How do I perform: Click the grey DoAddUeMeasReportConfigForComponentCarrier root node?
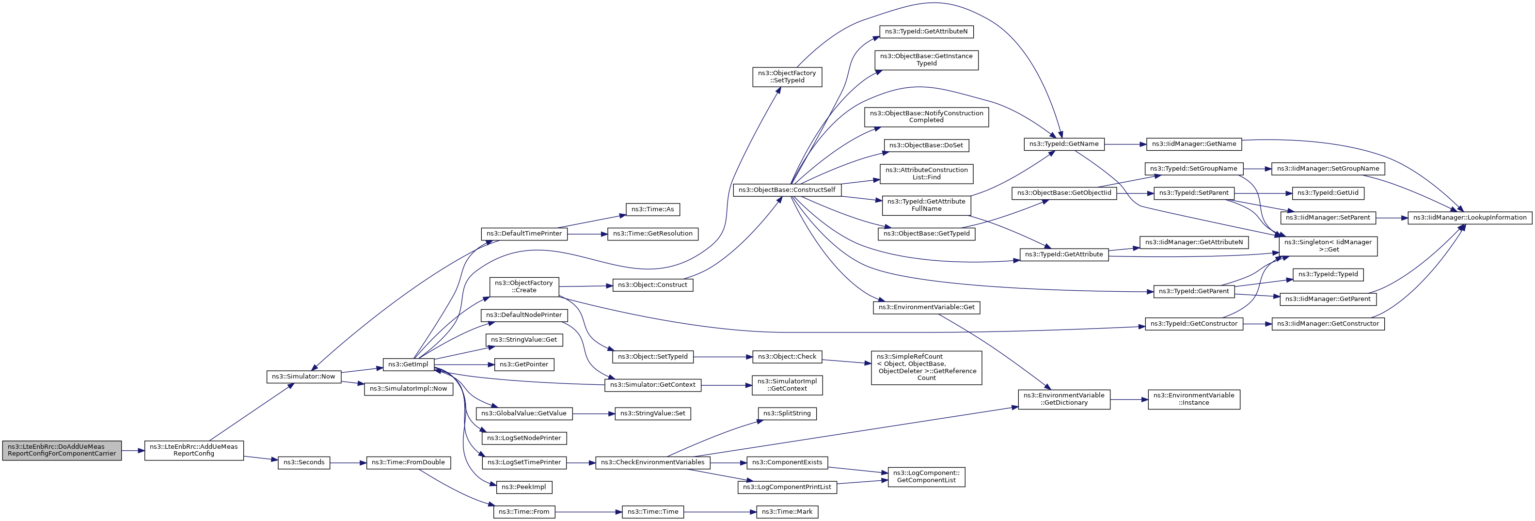point(62,450)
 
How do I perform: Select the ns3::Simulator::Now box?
point(304,377)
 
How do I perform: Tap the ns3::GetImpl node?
point(408,365)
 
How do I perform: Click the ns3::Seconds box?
point(304,462)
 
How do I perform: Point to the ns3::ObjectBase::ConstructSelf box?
point(787,190)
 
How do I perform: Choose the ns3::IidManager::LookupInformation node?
point(1470,218)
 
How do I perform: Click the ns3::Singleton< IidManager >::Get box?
point(1328,246)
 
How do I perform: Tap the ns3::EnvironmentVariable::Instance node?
point(1194,399)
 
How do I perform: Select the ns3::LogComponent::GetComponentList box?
point(926,477)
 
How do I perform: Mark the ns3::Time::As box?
point(652,210)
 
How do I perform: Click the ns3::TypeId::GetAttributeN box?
point(926,32)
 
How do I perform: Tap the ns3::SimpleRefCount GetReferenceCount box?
point(926,368)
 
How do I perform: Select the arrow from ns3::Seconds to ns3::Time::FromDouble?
point(348,462)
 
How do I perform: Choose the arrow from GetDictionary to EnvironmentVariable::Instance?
point(1129,399)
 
